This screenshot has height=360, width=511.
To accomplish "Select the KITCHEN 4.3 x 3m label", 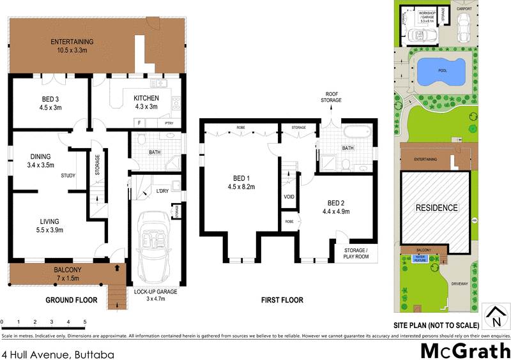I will pos(145,102).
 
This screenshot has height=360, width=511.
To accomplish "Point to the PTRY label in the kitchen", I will pos(169,123).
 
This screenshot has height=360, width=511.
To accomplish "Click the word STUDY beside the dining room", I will pos(68,176).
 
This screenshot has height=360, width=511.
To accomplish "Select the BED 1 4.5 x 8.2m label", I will pos(241,183).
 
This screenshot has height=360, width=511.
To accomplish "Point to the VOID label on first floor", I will pos(289,197).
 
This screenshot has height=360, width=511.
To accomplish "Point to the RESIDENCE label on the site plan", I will pos(437,208).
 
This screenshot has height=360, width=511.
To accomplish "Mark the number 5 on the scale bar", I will pos(84,322).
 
